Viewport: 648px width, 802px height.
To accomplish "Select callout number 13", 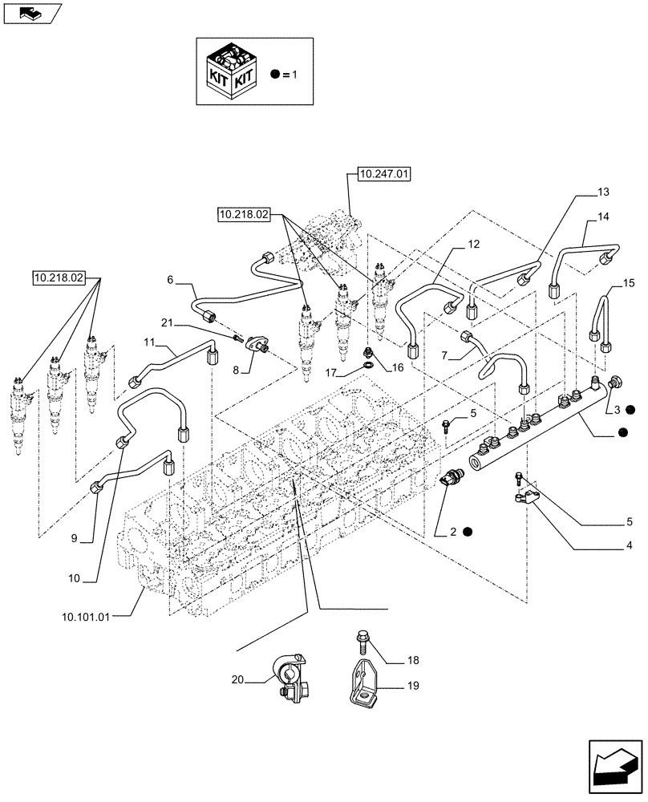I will tap(603, 192).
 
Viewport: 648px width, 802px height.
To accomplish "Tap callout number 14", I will tap(603, 217).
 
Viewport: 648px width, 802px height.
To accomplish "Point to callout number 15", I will tap(628, 283).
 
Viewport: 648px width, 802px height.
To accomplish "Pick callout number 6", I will tap(170, 279).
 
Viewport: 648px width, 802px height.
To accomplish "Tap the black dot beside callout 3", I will tap(631, 409).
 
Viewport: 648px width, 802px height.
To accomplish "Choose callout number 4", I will tap(606, 546).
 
